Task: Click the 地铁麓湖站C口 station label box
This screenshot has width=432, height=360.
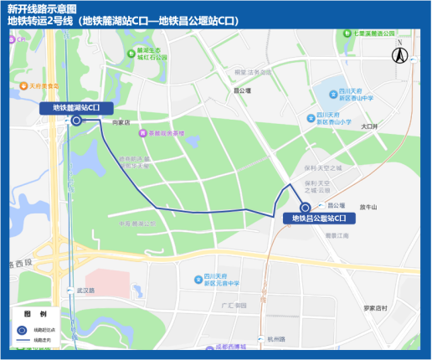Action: click(x=76, y=107)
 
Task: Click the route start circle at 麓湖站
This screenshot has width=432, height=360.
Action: click(x=76, y=121)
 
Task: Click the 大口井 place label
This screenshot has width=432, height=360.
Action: click(x=369, y=126)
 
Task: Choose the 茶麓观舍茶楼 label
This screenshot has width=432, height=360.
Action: click(x=170, y=132)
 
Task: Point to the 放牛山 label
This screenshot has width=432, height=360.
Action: click(x=369, y=206)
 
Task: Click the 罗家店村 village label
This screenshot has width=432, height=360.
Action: click(x=375, y=308)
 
